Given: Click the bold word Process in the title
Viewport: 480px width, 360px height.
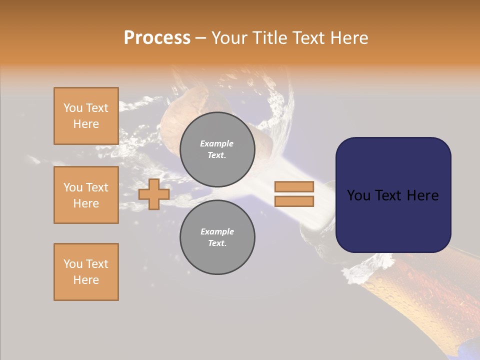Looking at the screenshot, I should click(157, 38).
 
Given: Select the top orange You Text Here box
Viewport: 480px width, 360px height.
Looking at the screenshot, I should click(86, 116).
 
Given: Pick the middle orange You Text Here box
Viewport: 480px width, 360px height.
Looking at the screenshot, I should click(86, 195).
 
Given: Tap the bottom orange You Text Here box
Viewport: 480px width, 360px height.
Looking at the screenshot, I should click(86, 272).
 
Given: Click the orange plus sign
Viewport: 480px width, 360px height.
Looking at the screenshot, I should click(154, 194).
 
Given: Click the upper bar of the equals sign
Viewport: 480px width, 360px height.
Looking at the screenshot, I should click(294, 187).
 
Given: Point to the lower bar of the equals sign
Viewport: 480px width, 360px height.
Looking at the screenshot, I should click(294, 201).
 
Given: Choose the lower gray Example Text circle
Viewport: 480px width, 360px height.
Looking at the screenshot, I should click(217, 237).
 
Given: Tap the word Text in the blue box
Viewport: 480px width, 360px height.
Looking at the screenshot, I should click(393, 195).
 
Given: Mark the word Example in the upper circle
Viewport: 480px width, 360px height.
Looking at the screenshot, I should click(217, 143).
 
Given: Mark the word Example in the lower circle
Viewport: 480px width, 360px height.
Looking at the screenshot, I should click(217, 231).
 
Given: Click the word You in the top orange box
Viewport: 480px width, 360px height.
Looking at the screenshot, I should click(72, 108).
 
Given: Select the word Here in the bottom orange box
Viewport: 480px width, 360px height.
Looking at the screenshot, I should click(86, 280).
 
